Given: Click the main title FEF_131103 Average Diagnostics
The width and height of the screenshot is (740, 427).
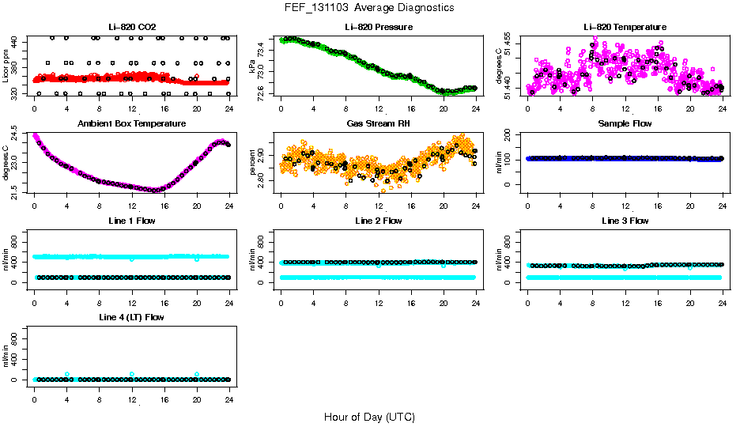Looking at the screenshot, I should pyautogui.click(x=370, y=7).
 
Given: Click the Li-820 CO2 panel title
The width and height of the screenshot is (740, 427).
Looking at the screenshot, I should pyautogui.click(x=131, y=28).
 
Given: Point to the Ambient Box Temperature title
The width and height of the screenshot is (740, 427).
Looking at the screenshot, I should pyautogui.click(x=131, y=124).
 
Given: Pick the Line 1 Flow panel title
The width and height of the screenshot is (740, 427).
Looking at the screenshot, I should pyautogui.click(x=131, y=221).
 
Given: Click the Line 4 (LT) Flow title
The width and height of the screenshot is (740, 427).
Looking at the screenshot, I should pyautogui.click(x=131, y=317).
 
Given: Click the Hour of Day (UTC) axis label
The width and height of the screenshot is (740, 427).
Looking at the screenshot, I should pyautogui.click(x=369, y=417).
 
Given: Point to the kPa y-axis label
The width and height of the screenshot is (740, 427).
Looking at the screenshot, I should pyautogui.click(x=254, y=66).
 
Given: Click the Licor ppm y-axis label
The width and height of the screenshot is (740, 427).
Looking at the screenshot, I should pyautogui.click(x=6, y=66).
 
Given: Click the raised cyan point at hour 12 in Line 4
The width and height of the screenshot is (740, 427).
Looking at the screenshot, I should pyautogui.click(x=132, y=374).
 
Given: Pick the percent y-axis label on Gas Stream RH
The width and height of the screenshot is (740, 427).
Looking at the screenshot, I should pyautogui.click(x=254, y=162).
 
